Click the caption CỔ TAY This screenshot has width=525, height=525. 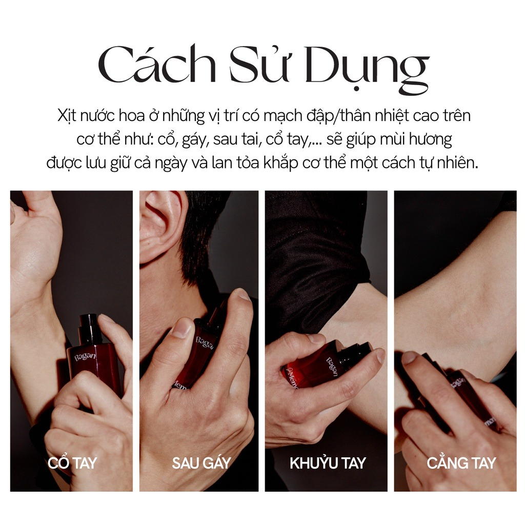click(x=72, y=463)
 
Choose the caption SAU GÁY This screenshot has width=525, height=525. click(x=201, y=463)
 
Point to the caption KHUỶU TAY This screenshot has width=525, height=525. click(x=328, y=463)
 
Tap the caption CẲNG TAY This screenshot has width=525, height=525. click(x=461, y=463)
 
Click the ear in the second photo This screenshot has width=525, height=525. click(x=160, y=225)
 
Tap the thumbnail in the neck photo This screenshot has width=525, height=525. click(x=180, y=328)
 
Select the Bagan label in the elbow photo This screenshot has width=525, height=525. click(x=332, y=367)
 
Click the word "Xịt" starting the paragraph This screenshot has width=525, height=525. click(x=67, y=116)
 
